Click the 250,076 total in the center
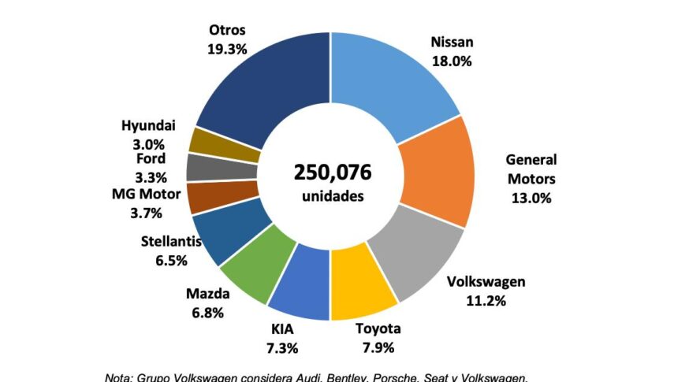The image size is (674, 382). click(332, 172)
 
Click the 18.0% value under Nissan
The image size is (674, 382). click(452, 61)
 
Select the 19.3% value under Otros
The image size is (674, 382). click(228, 49)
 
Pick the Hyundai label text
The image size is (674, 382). click(148, 125)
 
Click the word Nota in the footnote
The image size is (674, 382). click(119, 376)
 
